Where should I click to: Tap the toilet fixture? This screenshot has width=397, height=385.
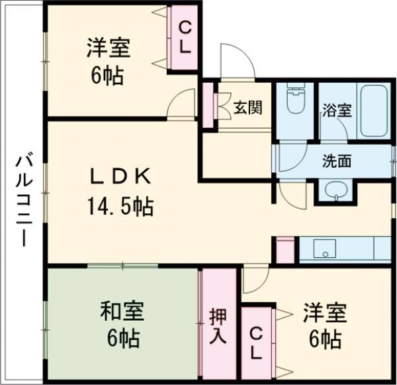(x=293, y=103)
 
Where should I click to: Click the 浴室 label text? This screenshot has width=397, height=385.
(x=336, y=111)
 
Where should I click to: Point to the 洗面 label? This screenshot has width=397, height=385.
(x=337, y=161)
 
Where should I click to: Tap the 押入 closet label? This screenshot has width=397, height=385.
(x=218, y=325)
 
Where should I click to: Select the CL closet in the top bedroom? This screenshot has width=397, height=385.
(x=185, y=38)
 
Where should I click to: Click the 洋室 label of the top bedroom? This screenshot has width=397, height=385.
(x=108, y=48)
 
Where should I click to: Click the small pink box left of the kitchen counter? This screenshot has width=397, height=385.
(x=285, y=251)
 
